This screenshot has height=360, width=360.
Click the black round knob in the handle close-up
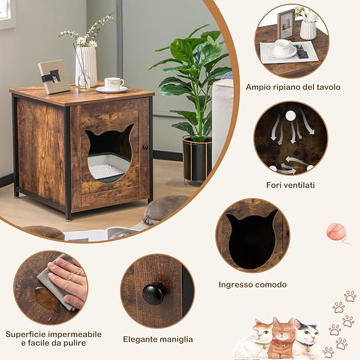[154, 293]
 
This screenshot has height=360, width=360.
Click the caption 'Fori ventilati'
[290, 185]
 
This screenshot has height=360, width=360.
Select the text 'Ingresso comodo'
[252, 285]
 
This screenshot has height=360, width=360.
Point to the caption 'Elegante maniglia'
[158, 339]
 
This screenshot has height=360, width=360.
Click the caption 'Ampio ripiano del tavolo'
[293, 86]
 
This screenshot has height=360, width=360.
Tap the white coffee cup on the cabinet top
[113, 84]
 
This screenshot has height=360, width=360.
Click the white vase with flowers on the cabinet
[86, 66]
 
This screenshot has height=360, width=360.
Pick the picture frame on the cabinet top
[54, 76]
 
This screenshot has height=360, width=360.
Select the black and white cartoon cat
[308, 340]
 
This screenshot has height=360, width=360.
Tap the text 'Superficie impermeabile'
[54, 335]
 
